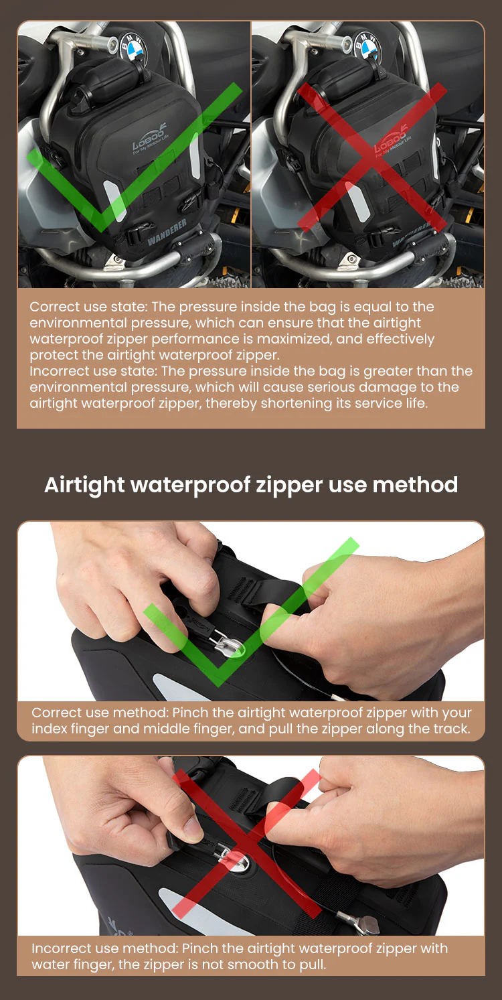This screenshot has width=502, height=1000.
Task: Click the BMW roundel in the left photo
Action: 133,49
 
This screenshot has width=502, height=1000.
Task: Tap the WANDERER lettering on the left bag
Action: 167,232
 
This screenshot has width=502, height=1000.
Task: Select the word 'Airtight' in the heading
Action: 84,485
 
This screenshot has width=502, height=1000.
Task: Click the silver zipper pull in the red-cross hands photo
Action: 230,854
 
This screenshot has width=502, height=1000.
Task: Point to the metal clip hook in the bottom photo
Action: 361,922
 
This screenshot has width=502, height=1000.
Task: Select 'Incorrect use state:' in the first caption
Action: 93,371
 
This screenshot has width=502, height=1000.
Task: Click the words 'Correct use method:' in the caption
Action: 100,713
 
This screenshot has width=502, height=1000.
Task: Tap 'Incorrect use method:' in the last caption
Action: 105,948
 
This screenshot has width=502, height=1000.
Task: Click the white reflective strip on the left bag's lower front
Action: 115,201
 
